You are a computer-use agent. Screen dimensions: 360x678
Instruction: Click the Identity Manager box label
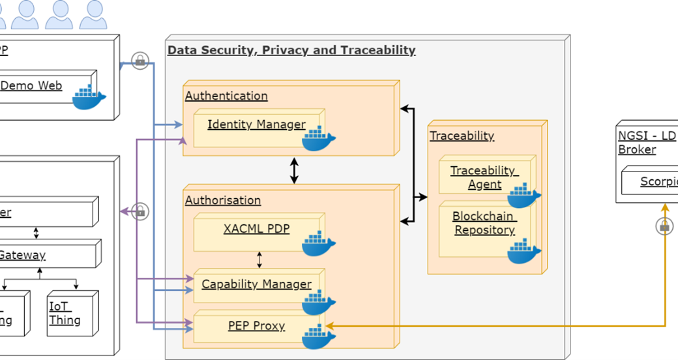pyautogui.click(x=256, y=124)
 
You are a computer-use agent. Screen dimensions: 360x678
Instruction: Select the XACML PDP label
pyautogui.click(x=256, y=229)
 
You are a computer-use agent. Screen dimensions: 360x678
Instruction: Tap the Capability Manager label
pyautogui.click(x=256, y=284)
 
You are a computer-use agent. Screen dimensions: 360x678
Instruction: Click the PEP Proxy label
pyautogui.click(x=256, y=325)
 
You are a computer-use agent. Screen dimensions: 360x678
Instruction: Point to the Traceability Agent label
pyautogui.click(x=484, y=177)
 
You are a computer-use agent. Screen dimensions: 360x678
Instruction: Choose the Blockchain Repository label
pyautogui.click(x=484, y=223)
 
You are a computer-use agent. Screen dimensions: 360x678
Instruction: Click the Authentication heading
pyautogui.click(x=226, y=96)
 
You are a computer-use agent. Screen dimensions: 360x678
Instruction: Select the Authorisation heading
pyautogui.click(x=223, y=200)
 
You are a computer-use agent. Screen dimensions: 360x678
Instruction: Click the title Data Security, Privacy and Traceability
pyautogui.click(x=291, y=50)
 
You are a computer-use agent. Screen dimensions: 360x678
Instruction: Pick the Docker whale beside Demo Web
pyautogui.click(x=89, y=97)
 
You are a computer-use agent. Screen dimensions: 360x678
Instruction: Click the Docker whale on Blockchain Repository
pyautogui.click(x=523, y=251)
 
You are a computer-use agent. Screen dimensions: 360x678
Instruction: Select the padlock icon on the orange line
pyautogui.click(x=664, y=226)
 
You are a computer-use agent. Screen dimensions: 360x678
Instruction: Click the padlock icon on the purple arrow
pyautogui.click(x=140, y=211)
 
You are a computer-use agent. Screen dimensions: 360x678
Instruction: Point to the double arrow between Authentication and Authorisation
pyautogui.click(x=294, y=170)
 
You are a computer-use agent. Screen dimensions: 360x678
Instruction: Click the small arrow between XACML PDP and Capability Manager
pyautogui.click(x=259, y=260)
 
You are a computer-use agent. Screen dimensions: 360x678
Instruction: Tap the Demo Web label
pyautogui.click(x=31, y=85)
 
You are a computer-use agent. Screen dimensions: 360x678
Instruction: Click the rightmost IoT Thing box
pyautogui.click(x=72, y=313)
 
